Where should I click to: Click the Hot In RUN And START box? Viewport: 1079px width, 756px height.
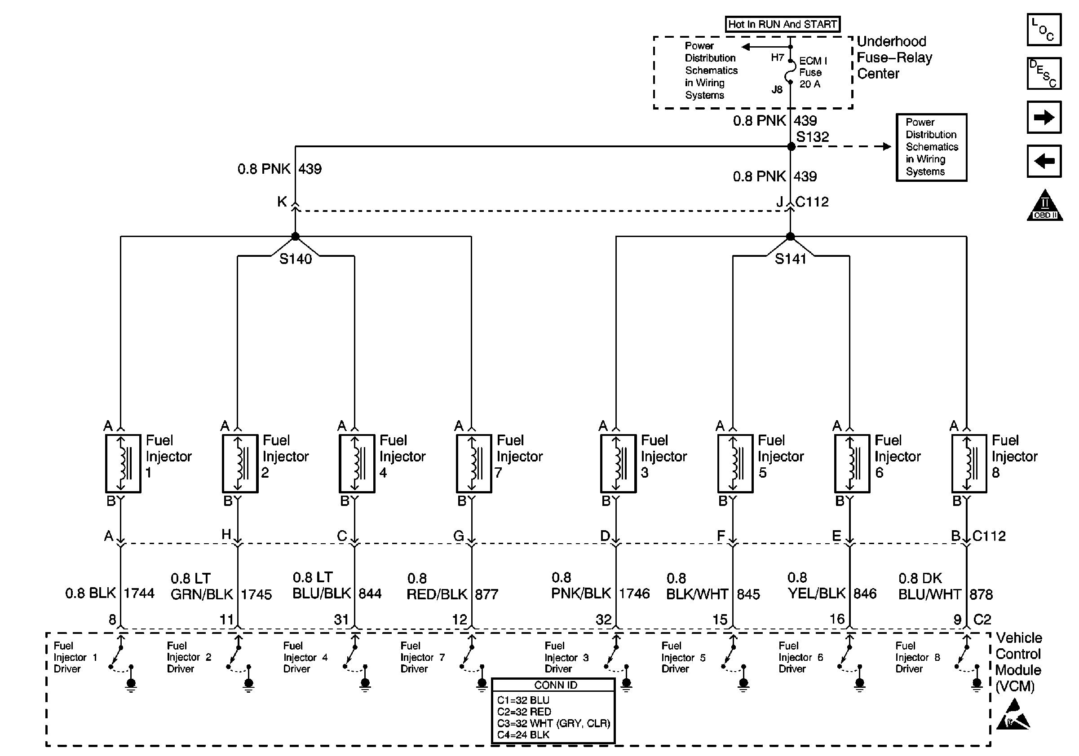click(x=783, y=24)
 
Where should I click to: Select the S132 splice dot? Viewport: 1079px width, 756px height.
click(x=792, y=146)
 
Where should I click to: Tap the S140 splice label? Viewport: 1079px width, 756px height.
click(x=296, y=259)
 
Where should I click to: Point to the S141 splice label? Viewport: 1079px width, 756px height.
click(x=791, y=259)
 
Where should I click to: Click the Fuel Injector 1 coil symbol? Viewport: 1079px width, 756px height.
click(x=123, y=463)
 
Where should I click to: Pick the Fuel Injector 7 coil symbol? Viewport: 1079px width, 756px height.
click(x=474, y=463)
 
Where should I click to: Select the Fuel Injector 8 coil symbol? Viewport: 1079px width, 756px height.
click(x=969, y=463)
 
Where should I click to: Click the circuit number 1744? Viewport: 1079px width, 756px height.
click(x=139, y=593)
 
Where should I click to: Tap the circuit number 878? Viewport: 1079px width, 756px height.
click(x=981, y=594)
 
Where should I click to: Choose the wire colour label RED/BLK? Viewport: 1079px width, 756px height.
click(x=437, y=594)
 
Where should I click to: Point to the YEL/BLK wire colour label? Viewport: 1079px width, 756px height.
click(x=817, y=593)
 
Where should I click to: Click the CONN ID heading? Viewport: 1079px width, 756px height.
click(x=556, y=685)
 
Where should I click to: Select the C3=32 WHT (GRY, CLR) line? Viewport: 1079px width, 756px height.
click(x=553, y=723)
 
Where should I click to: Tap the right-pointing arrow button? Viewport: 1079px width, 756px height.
click(x=1044, y=117)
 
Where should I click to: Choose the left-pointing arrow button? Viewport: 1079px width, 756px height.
click(x=1044, y=161)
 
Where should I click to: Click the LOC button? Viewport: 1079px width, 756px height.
click(x=1044, y=30)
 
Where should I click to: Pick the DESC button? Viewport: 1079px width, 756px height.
click(x=1044, y=73)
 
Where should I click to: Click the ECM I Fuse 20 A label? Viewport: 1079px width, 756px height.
click(x=812, y=72)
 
